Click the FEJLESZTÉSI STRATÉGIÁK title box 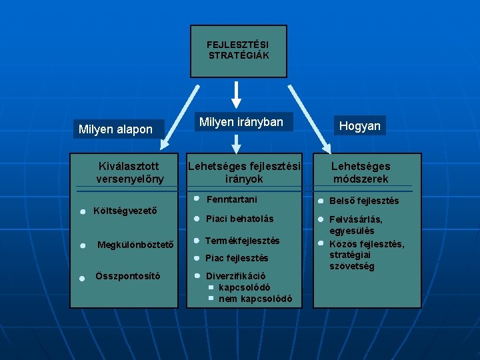tap(239, 51)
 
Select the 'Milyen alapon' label tap(115, 129)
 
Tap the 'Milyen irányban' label tap(241, 122)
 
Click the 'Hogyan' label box tap(359, 125)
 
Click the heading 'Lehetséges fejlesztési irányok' tap(244, 173)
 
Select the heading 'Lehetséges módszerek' tap(361, 173)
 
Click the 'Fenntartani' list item tap(231, 199)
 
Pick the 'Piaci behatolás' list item tap(239, 219)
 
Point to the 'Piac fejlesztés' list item tap(237, 258)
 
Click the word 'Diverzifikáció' tap(236, 275)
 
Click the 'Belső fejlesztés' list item tap(364, 201)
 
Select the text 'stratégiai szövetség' tap(352, 261)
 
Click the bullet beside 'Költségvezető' tap(81, 211)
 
